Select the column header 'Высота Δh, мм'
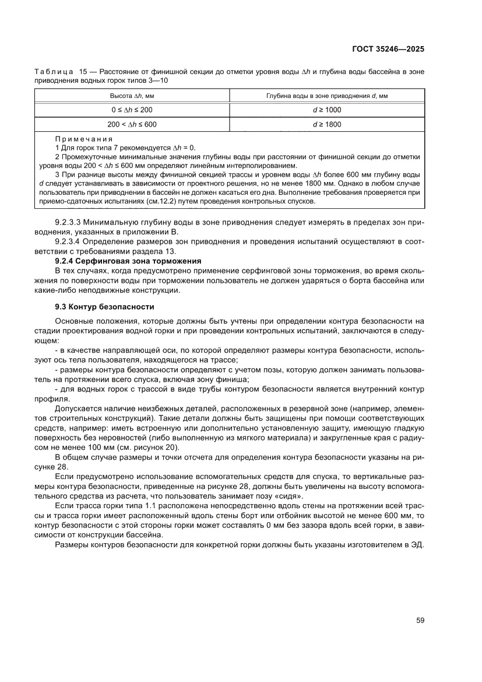[133, 95]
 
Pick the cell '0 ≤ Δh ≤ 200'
[133, 110]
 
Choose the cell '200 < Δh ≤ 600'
[133, 124]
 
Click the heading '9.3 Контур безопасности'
[104, 306]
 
